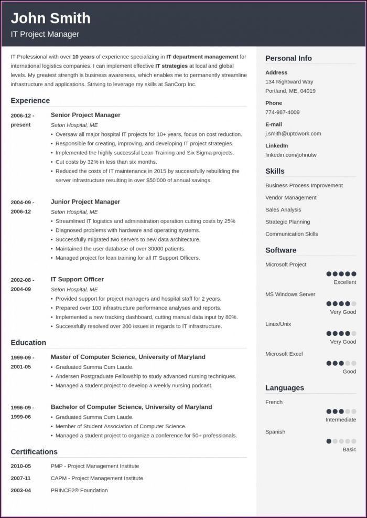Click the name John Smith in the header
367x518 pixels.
pyautogui.click(x=50, y=18)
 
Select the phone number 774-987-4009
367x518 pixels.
pyautogui.click(x=282, y=112)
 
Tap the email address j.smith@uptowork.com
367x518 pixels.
pyautogui.click(x=293, y=134)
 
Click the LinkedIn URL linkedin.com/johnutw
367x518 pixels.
pyautogui.click(x=290, y=155)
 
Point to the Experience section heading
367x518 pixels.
pyautogui.click(x=30, y=101)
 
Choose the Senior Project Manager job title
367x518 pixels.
pyautogui.click(x=85, y=115)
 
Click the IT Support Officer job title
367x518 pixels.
pyautogui.click(x=77, y=279)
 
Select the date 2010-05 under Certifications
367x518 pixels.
pyautogui.click(x=20, y=466)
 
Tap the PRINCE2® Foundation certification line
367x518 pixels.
pyautogui.click(x=79, y=490)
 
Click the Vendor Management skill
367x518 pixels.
pyautogui.click(x=290, y=198)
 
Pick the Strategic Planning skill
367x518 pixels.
pyautogui.click(x=287, y=222)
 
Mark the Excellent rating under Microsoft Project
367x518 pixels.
pyautogui.click(x=344, y=282)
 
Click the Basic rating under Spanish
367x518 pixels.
pyautogui.click(x=349, y=450)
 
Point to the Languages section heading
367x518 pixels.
pyautogui.click(x=284, y=388)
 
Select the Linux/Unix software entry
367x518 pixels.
pyautogui.click(x=278, y=324)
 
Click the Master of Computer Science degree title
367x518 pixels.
pyautogui.click(x=128, y=357)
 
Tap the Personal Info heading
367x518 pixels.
pyautogui.click(x=288, y=58)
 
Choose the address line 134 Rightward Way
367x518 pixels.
pyautogui.click(x=289, y=82)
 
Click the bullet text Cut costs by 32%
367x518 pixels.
pyautogui.click(x=106, y=162)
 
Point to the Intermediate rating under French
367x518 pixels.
pyautogui.click(x=340, y=420)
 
